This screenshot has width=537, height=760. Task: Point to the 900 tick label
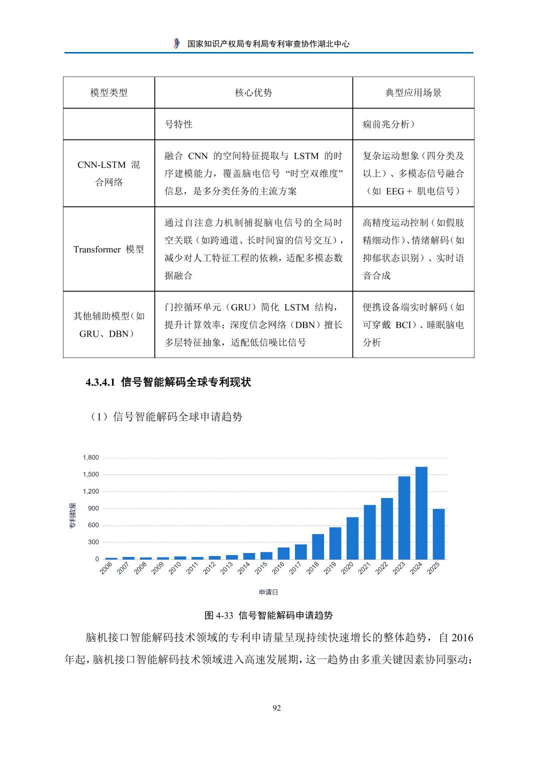point(93,508)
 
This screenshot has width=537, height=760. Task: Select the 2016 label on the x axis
point(278,568)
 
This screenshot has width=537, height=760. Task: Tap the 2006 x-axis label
point(106,568)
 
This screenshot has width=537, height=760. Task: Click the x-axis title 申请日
point(268,592)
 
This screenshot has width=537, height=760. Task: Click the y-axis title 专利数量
point(72,515)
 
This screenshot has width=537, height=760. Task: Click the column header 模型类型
point(109,92)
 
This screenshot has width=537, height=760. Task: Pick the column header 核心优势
point(253,92)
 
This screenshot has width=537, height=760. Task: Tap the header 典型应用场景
point(413,92)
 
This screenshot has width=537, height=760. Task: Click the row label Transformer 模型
point(109,249)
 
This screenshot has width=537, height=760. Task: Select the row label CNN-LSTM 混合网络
point(109,173)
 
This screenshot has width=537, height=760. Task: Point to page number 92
point(276,707)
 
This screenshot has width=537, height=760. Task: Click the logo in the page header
point(175,43)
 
